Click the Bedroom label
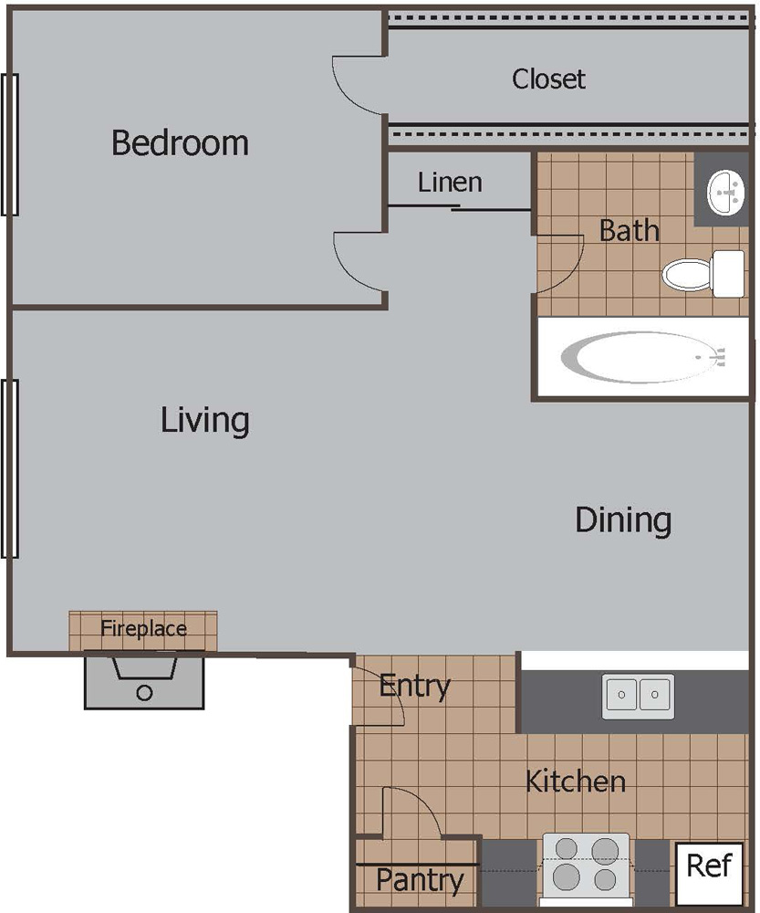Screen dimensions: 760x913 pos(180,142)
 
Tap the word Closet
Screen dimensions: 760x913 pos(548,79)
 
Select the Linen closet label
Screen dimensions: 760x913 pos(450,183)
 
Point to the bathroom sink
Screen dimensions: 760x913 pos(725,192)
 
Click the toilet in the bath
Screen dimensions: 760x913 pos(703,274)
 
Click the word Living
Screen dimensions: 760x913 pos(205,421)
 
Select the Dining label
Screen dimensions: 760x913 pos(623,520)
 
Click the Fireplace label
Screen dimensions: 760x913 pos(143,628)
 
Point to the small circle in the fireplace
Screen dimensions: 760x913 pos(144,693)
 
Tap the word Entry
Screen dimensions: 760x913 pos(414,687)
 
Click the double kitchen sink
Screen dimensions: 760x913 pos(638,696)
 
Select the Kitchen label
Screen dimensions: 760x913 pos(576,782)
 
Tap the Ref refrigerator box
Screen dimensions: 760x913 pos(710,874)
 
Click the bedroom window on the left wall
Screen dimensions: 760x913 pos(10,144)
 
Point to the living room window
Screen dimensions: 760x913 pos(10,468)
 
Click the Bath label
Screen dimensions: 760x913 pos(629,231)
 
